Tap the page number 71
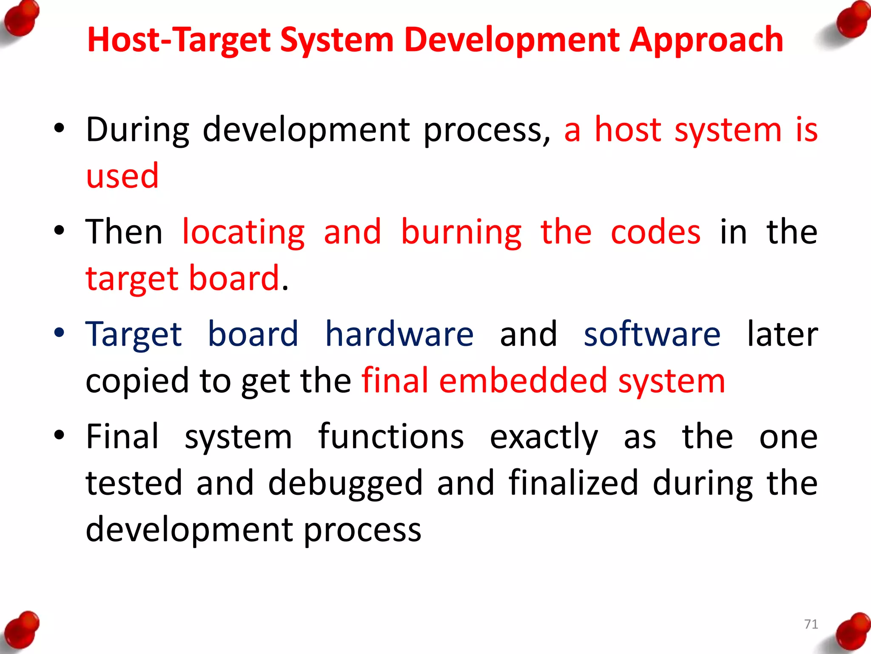[811, 624]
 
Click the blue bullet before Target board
[59, 333]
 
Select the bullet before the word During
[59, 128]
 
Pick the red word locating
[243, 232]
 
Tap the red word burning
[461, 232]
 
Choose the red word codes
[655, 232]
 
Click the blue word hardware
[399, 335]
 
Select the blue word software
[652, 335]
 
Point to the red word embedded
[523, 381]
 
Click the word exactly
[544, 438]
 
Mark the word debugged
[345, 484]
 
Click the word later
[783, 335]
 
